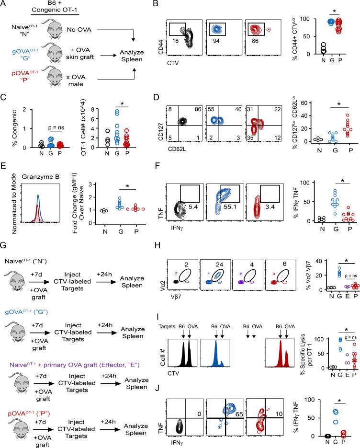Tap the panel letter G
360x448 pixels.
(4, 251)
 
